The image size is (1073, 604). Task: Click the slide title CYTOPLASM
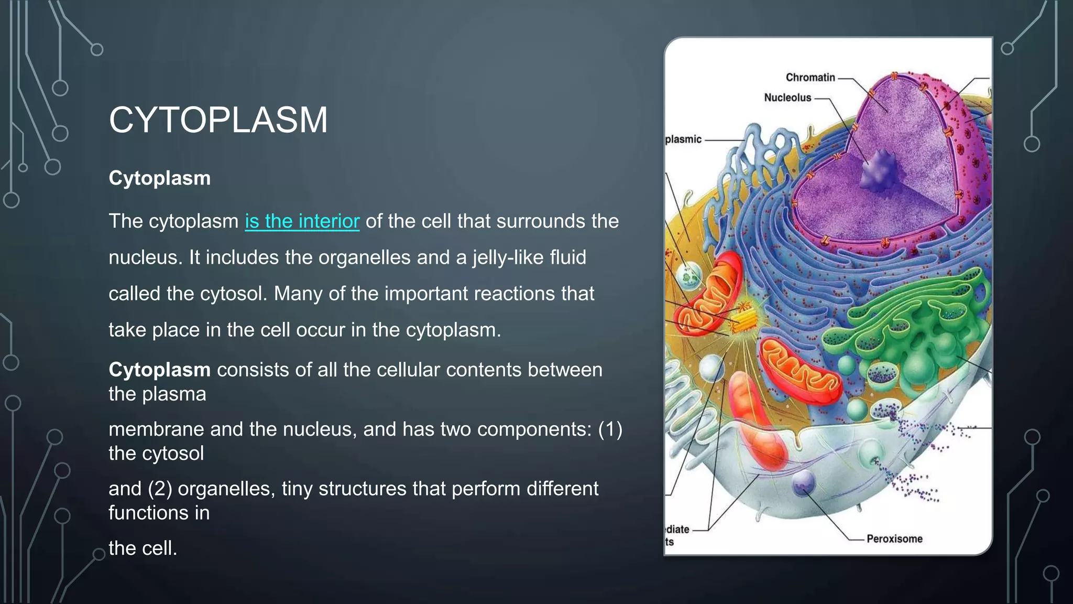coord(218,120)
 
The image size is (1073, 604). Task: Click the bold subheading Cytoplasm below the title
coord(159,178)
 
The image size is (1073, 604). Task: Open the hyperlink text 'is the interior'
coord(302,221)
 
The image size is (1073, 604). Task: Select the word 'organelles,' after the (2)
coord(226,489)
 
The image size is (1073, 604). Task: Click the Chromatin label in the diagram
coord(810,78)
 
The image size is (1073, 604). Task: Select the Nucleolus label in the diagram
coord(787,98)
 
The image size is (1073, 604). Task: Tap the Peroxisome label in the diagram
coord(894,538)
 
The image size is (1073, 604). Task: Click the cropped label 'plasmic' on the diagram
coord(683,139)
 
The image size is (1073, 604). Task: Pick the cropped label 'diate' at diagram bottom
coord(677,530)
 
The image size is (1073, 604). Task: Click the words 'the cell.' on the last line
coord(143,548)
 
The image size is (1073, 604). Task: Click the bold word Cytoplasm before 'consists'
coord(159,370)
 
